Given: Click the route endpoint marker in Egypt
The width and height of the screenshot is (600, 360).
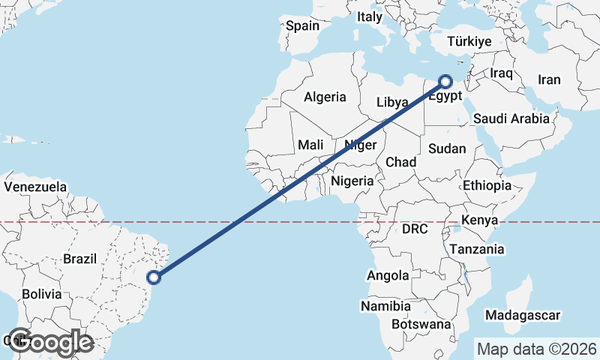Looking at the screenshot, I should click(445, 81).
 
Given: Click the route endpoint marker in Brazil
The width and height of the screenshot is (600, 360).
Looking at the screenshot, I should click(154, 277).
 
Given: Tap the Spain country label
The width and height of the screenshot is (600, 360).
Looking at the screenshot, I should click(303, 25).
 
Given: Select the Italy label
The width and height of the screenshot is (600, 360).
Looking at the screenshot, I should click(369, 16).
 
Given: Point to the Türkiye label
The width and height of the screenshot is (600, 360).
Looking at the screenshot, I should click(469, 42).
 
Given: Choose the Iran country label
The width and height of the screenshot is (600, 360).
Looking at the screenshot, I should click(549, 79).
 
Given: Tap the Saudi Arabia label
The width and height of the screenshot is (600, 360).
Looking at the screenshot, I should click(512, 118).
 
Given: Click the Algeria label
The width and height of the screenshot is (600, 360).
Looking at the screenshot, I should click(325, 97).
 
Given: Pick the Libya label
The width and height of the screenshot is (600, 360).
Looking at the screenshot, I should click(392, 102).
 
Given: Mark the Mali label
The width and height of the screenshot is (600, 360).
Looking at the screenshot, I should click(310, 145).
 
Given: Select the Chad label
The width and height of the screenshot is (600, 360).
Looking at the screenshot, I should click(400, 162).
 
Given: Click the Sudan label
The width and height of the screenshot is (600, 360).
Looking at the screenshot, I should click(447, 148).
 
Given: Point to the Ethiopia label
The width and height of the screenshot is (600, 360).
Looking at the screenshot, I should click(487, 185).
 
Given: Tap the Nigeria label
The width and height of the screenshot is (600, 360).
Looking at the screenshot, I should click(352, 181).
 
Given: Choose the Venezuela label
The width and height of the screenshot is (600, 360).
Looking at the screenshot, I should click(35, 186).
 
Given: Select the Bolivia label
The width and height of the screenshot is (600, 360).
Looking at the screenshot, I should click(41, 294).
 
